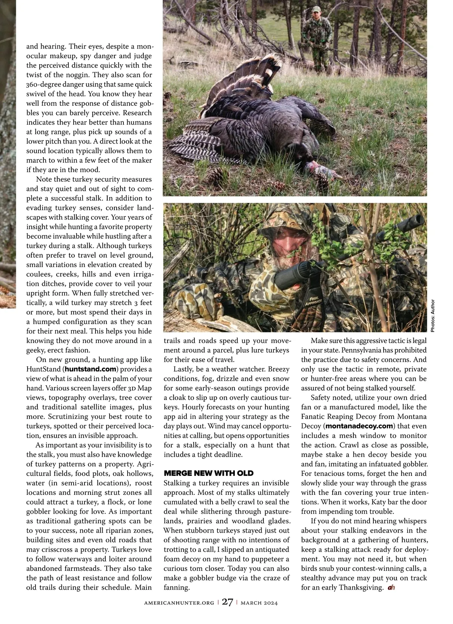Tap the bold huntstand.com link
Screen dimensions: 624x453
click(x=91, y=369)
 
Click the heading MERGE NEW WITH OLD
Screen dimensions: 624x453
click(x=208, y=473)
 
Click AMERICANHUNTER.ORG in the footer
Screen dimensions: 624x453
click(x=179, y=603)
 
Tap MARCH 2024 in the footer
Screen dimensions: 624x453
click(x=259, y=603)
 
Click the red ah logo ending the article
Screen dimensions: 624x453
click(x=391, y=587)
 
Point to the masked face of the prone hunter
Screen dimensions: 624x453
click(x=281, y=242)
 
